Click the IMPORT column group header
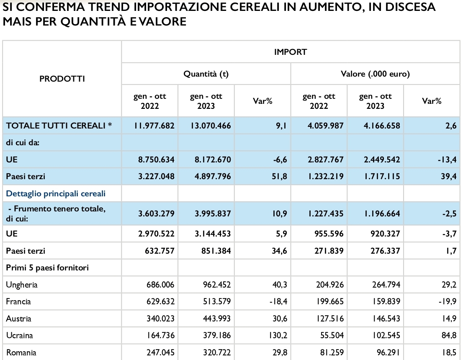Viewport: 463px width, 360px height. point(291,52)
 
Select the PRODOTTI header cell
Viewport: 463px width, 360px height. point(62,79)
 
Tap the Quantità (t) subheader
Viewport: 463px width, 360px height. point(206,74)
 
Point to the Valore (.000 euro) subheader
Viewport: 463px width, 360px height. point(376,74)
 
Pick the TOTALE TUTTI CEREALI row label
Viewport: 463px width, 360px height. point(59,126)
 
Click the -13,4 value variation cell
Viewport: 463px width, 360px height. point(447,160)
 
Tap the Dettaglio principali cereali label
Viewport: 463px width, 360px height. point(56,194)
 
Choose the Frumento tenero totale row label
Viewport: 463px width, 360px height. point(56,213)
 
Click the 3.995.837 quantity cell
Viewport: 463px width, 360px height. point(213,213)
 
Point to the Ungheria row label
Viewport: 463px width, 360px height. point(22,285)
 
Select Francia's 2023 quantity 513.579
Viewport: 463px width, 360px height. point(217,302)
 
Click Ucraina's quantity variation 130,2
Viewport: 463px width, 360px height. point(278,336)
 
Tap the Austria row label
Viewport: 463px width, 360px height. point(18,319)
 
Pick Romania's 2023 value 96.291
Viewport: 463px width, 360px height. point(387,352)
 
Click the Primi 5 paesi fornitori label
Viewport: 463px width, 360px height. point(48,268)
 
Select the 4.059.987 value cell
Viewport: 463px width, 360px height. point(325,126)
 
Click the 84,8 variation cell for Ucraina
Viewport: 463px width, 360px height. point(449,336)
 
